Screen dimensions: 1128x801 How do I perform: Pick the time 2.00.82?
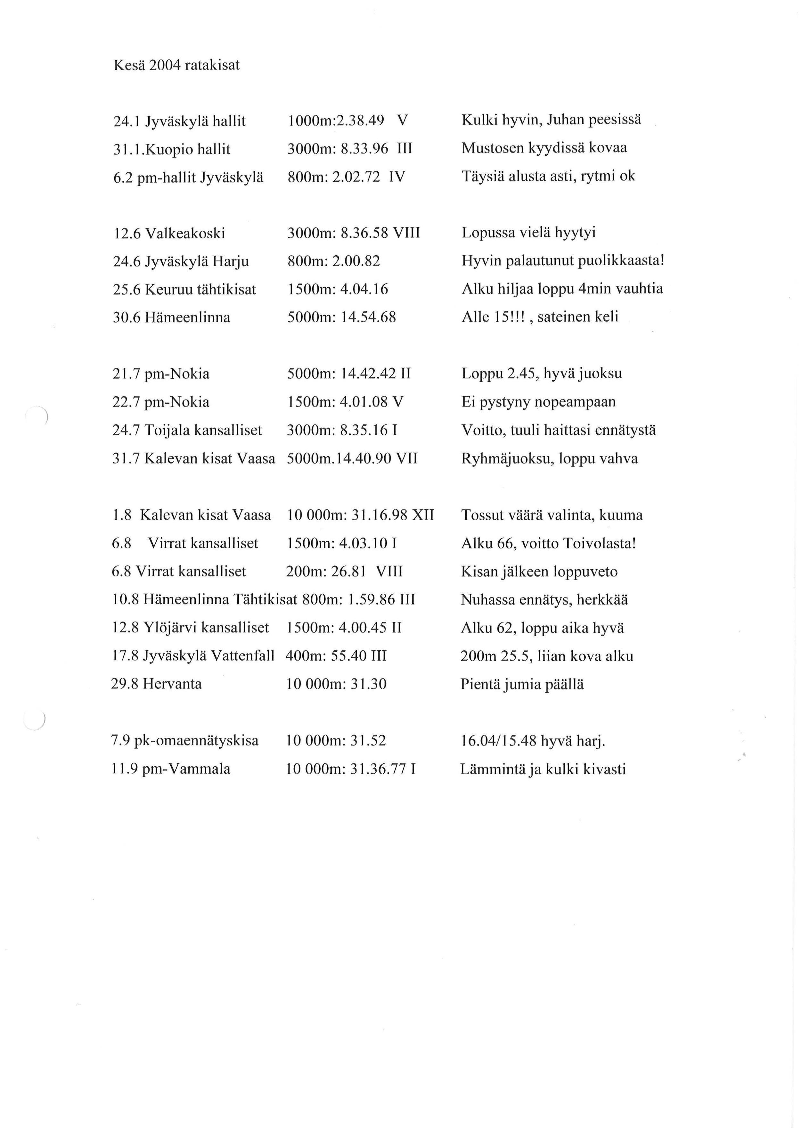356,261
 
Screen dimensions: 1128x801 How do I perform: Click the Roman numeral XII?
423,515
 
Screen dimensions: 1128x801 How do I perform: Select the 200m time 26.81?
350,572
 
